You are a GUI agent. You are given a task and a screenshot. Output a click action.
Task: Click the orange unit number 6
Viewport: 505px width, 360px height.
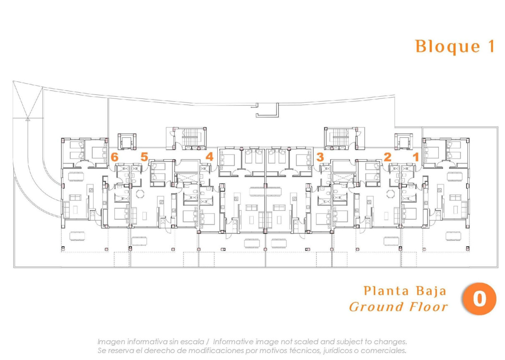(115, 157)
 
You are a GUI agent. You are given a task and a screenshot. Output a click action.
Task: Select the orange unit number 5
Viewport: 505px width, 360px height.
(144, 157)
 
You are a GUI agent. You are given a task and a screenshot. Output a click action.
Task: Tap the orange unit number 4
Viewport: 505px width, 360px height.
(210, 157)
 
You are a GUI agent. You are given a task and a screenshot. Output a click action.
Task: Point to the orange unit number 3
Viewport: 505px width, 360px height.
(320, 157)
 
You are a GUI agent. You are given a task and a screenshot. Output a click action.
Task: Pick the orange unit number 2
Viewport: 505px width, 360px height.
(387, 157)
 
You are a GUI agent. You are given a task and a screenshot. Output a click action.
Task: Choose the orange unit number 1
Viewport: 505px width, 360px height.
(416, 157)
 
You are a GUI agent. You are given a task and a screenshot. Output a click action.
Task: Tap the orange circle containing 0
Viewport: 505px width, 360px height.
(479, 299)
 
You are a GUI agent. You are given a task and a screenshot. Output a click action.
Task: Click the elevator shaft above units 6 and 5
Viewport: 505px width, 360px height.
(127, 142)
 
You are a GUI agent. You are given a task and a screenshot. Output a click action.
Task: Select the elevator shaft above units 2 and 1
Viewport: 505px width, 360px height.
(403, 142)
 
